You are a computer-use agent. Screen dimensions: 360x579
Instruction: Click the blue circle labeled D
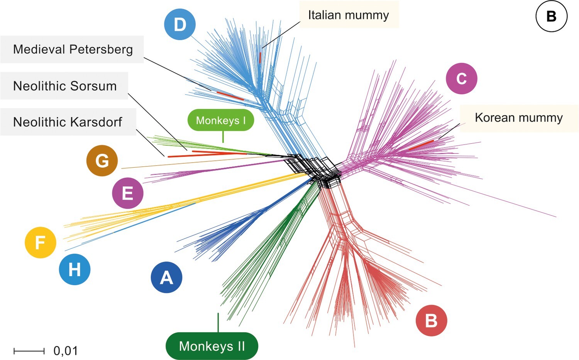[180, 24]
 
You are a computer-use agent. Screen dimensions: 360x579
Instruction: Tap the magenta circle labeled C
[461, 78]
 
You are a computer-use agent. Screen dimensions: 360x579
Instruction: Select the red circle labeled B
[431, 320]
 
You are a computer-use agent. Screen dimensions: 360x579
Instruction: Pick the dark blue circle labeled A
[166, 277]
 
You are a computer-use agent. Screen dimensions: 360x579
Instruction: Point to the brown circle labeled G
[102, 161]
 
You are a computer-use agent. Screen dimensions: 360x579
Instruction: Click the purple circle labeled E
[127, 193]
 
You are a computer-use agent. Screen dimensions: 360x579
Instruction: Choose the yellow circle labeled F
[41, 242]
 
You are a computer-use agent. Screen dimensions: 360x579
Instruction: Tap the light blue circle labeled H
[74, 269]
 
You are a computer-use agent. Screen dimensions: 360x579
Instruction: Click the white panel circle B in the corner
[551, 16]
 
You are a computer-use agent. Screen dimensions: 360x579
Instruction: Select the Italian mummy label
[348, 15]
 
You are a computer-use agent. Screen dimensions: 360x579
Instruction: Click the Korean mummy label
[518, 117]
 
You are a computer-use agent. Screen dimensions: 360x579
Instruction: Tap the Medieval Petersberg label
[73, 49]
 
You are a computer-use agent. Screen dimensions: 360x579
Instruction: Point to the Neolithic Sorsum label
[64, 86]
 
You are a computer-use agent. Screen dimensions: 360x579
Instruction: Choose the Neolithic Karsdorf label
[68, 122]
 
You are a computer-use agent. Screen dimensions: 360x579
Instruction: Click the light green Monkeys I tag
[221, 121]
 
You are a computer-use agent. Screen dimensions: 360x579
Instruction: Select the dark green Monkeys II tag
[212, 346]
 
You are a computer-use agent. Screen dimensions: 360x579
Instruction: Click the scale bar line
[29, 351]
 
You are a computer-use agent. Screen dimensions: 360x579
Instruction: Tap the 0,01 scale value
[66, 351]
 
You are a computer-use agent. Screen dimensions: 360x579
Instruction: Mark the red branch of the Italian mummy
[261, 58]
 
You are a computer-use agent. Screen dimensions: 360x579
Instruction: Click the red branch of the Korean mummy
[422, 145]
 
